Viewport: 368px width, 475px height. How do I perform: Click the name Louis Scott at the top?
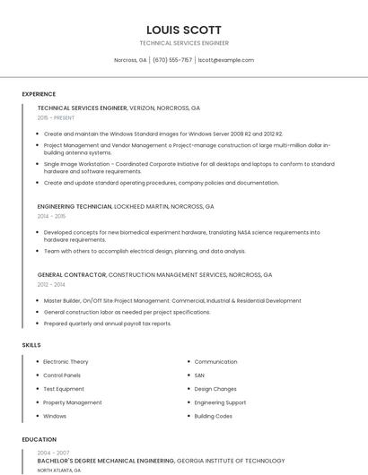(184, 30)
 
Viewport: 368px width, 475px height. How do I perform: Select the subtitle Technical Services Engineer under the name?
(184, 43)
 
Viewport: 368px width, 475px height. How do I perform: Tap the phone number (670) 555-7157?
(172, 60)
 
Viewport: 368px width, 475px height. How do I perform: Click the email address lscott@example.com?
(225, 60)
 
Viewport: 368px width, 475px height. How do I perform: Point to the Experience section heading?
(39, 94)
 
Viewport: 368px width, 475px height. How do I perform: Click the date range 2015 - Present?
(57, 117)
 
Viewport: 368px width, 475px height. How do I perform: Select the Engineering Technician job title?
(74, 206)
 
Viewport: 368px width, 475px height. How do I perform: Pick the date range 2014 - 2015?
(51, 216)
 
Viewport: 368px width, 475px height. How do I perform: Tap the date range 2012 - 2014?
(51, 284)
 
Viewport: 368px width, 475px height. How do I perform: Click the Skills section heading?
(31, 345)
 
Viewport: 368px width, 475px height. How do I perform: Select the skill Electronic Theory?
(66, 362)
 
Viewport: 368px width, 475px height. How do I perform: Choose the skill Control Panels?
(62, 376)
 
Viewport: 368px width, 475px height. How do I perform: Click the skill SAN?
(199, 376)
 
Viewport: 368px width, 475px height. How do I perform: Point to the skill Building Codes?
(213, 416)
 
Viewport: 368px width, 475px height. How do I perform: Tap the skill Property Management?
(72, 402)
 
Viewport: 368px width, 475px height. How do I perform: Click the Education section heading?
(39, 440)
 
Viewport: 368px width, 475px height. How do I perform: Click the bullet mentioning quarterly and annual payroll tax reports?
(107, 324)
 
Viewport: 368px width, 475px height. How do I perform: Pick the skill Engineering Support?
(220, 402)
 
